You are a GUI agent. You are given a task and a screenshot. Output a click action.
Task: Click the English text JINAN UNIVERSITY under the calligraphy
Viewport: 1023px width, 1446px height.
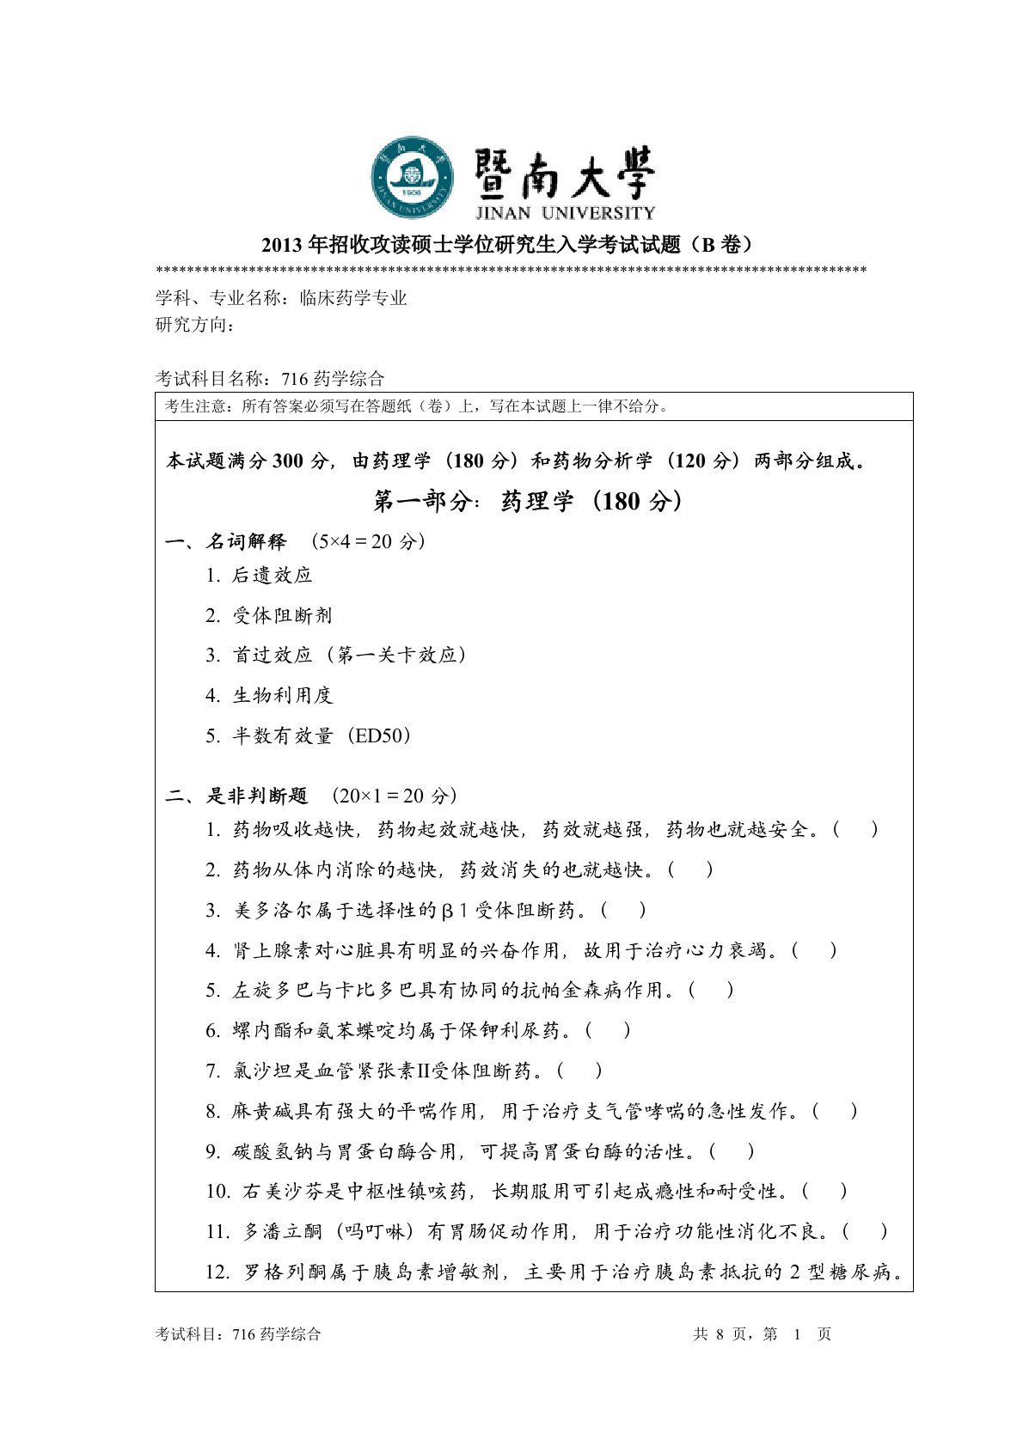pyautogui.click(x=564, y=212)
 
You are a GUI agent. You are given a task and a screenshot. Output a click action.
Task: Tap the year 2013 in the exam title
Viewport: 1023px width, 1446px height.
pyautogui.click(x=281, y=245)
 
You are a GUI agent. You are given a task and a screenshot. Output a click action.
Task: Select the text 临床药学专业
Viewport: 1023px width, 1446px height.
pyautogui.click(x=353, y=298)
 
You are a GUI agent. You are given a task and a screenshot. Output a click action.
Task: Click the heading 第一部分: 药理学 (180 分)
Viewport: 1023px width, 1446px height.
pyautogui.click(x=528, y=501)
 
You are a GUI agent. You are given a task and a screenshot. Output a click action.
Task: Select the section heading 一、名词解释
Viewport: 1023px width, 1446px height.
pyautogui.click(x=226, y=541)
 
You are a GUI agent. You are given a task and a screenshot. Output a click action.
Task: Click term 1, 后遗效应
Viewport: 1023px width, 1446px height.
pyautogui.click(x=272, y=576)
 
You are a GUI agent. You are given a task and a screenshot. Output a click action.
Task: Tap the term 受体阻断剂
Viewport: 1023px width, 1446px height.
pyautogui.click(x=282, y=615)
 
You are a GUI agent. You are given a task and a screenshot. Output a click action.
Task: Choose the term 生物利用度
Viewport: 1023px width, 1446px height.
pyautogui.click(x=282, y=695)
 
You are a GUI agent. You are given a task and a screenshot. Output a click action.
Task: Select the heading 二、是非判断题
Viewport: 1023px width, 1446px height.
pyautogui.click(x=236, y=796)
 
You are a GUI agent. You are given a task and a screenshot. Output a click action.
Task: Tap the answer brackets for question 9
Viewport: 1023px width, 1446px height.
pyautogui.click(x=733, y=1151)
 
